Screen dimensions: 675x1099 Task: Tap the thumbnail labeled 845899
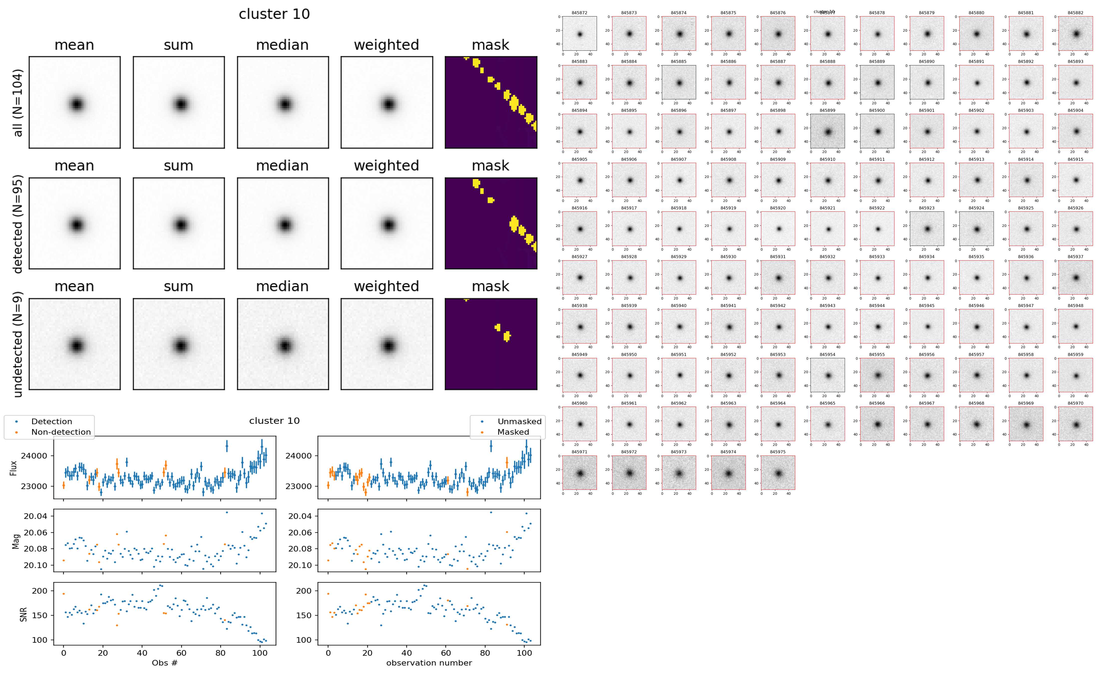click(x=827, y=131)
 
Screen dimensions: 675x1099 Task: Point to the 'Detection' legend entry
click(x=51, y=421)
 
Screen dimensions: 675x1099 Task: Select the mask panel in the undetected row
click(x=491, y=344)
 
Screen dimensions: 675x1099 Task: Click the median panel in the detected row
click(x=283, y=223)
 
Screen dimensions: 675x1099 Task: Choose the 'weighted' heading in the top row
click(x=386, y=45)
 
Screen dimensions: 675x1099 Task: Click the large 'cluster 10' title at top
click(x=274, y=14)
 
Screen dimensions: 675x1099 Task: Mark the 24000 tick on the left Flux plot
click(x=34, y=456)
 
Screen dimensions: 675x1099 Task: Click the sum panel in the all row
click(x=179, y=103)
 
